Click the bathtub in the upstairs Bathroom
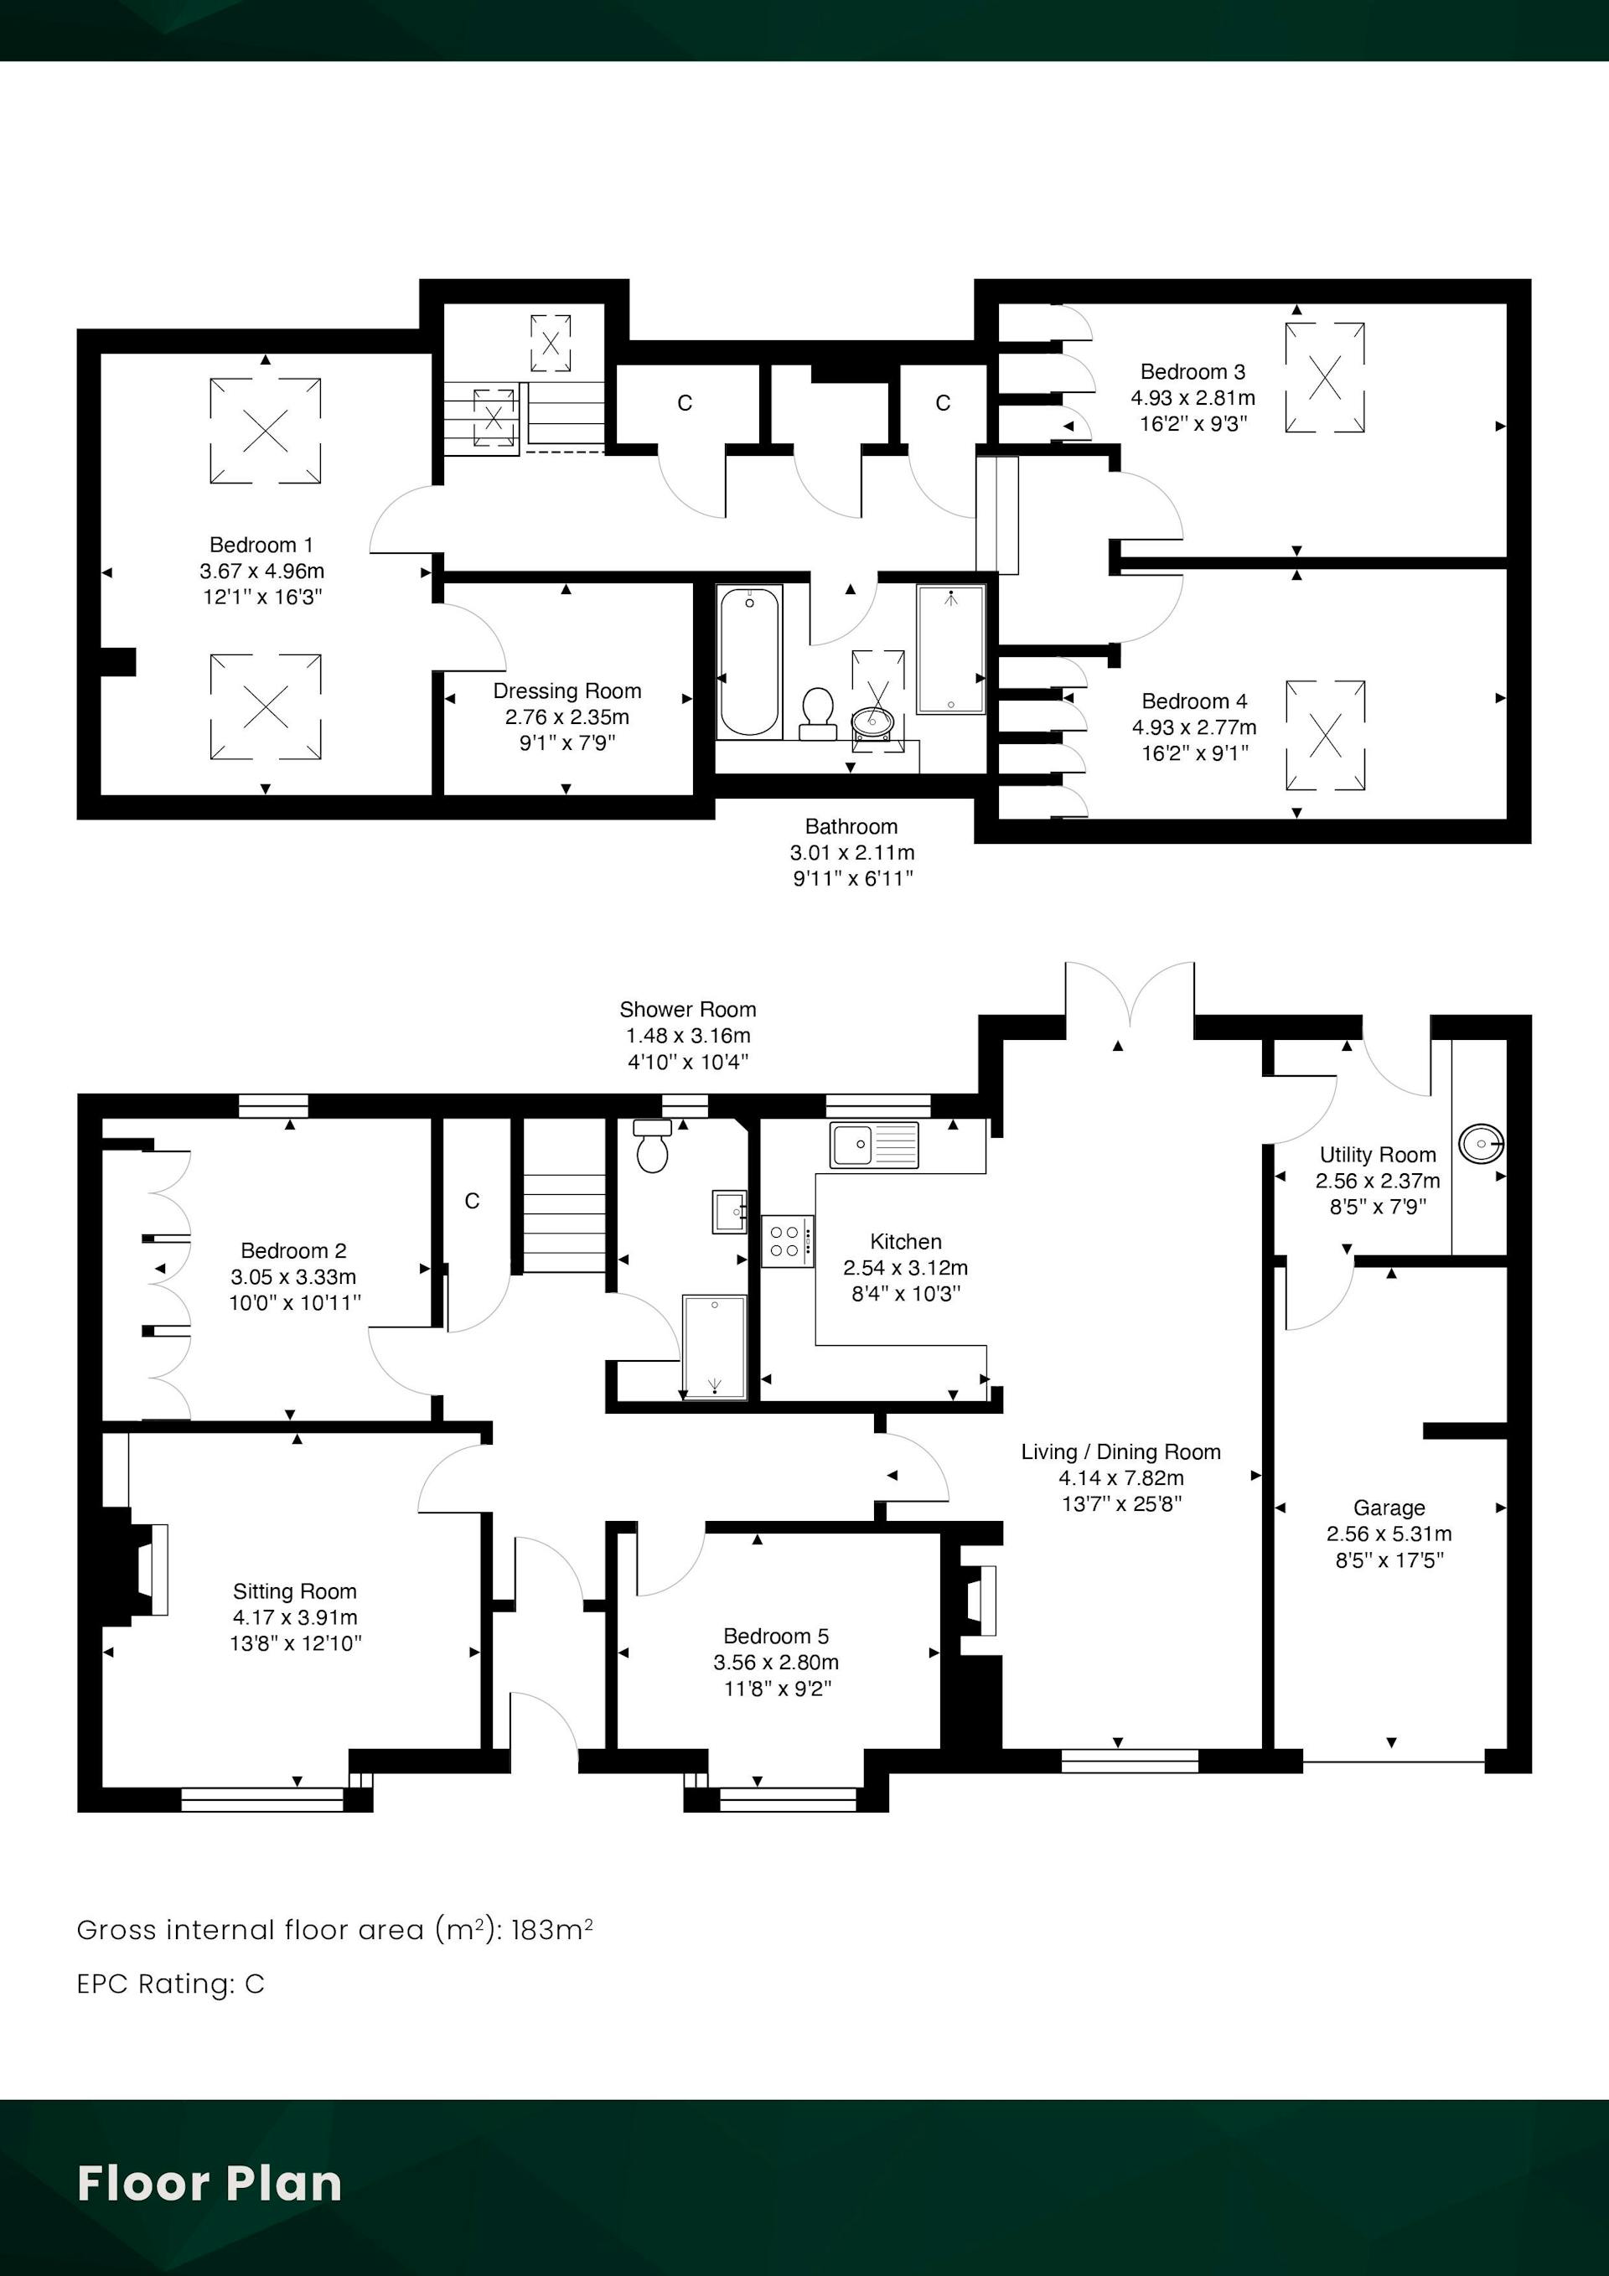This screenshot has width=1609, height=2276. click(749, 662)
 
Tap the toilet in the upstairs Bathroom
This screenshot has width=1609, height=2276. click(818, 714)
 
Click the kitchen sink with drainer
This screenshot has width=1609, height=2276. click(874, 1145)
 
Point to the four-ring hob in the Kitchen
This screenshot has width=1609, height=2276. click(788, 1241)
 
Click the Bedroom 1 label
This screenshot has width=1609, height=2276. click(261, 546)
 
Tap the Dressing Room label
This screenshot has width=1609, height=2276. click(567, 691)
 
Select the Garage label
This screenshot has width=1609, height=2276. click(1389, 1508)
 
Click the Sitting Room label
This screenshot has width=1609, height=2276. click(294, 1591)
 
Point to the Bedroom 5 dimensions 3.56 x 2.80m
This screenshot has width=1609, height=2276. click(776, 1663)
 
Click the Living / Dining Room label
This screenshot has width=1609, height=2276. click(1121, 1452)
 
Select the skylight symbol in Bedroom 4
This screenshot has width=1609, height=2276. click(1326, 736)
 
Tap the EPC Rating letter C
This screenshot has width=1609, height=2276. click(255, 1984)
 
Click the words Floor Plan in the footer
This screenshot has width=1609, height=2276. click(210, 2184)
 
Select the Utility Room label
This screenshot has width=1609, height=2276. click(1378, 1155)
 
